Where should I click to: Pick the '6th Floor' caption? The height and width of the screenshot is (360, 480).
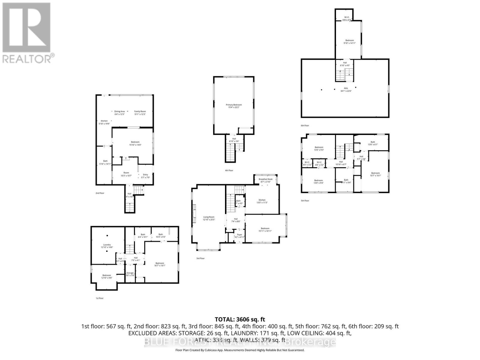pos(305,125)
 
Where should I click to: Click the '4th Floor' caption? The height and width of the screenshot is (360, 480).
pos(229,170)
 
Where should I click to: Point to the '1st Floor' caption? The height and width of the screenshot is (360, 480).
pos(99,298)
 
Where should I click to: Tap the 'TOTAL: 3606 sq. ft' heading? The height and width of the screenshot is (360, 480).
pos(240,319)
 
